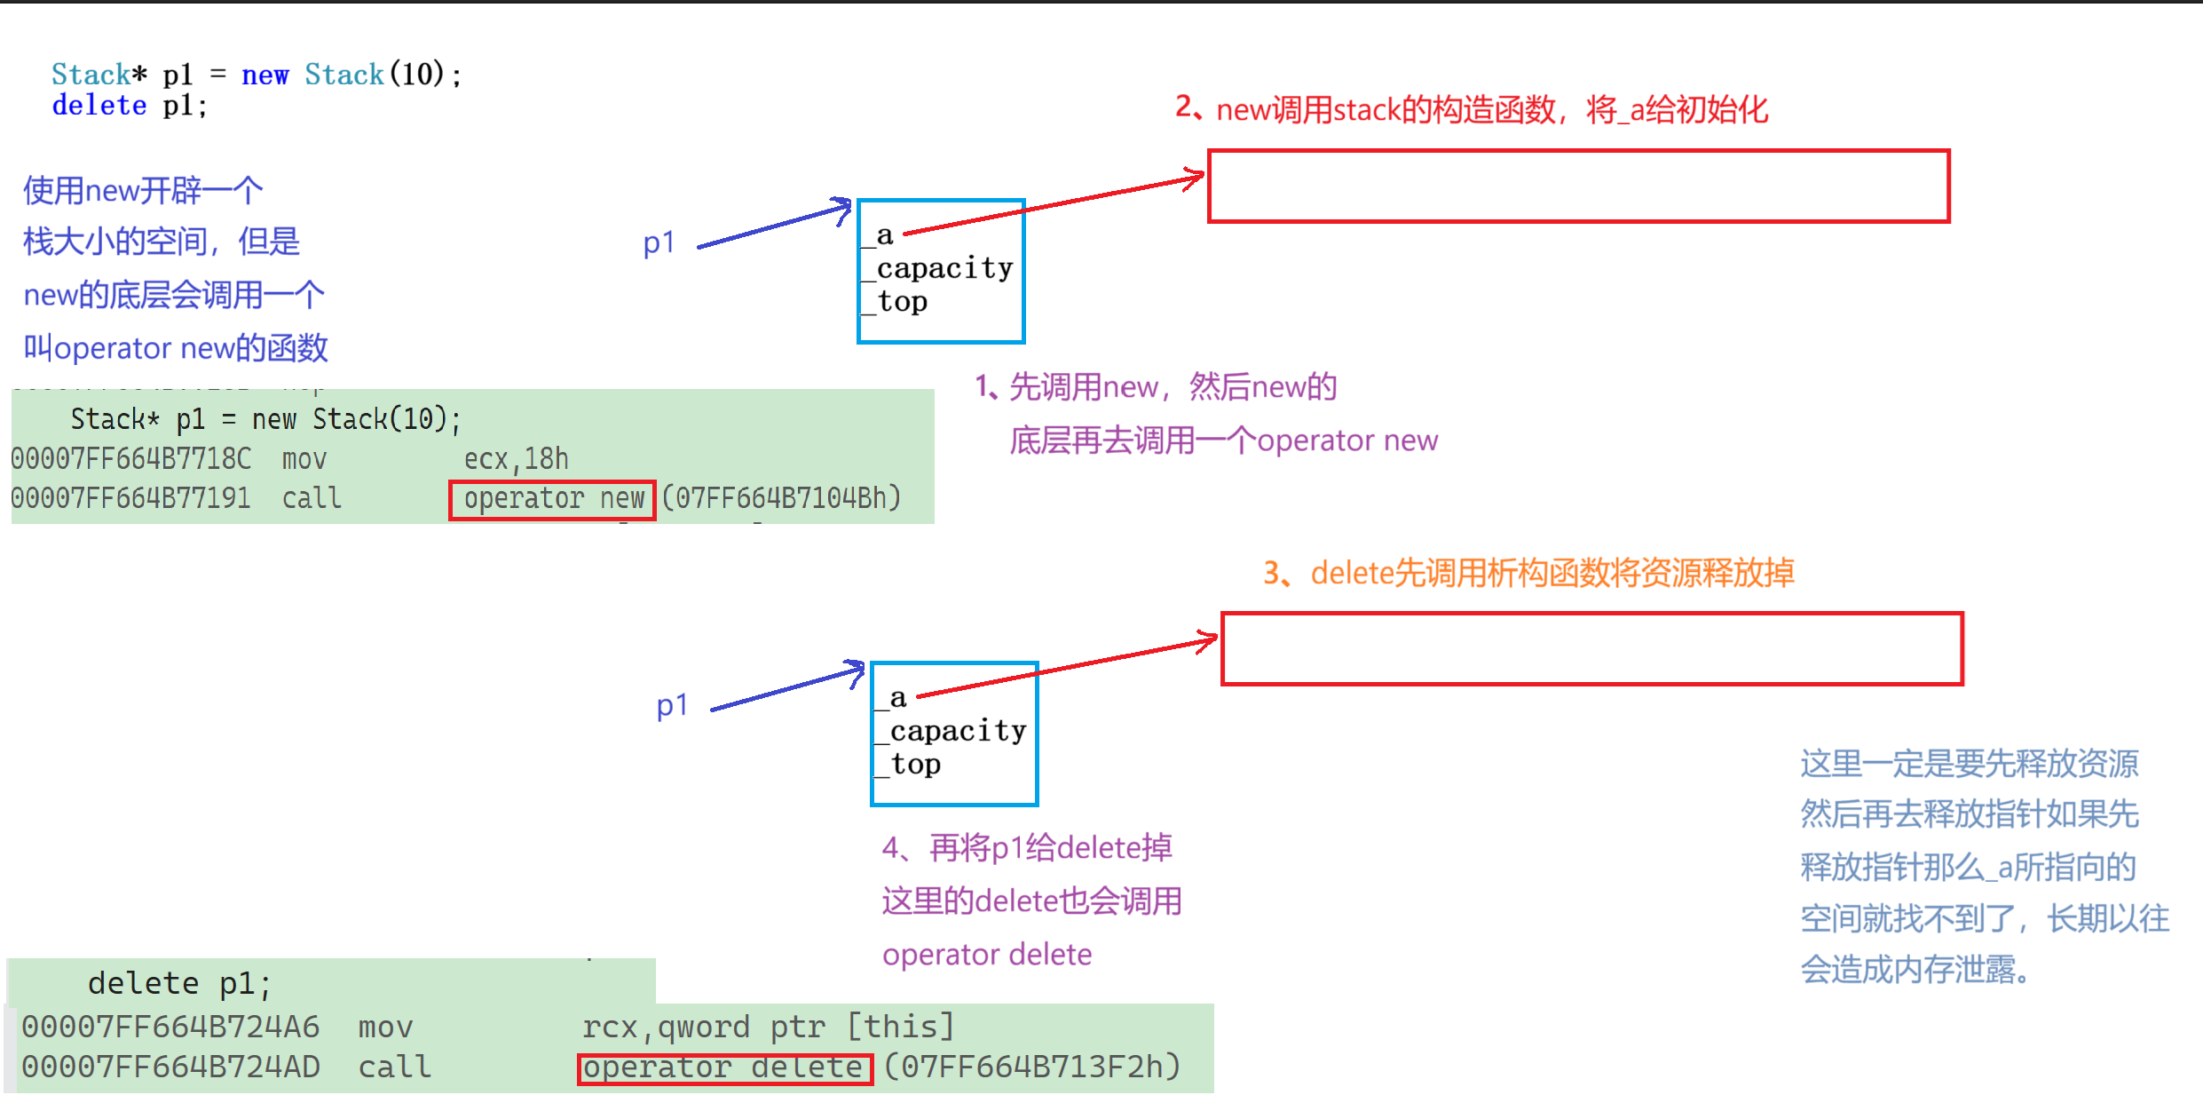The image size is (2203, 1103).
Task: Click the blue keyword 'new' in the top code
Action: [265, 75]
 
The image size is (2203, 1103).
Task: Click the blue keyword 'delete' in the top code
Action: [99, 106]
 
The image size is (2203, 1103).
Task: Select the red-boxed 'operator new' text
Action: [552, 499]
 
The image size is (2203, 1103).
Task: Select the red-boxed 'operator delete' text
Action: [724, 1067]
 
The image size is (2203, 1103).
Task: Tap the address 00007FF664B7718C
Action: [131, 459]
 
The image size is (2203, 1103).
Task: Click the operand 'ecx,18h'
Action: [516, 459]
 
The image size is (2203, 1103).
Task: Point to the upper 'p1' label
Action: [659, 242]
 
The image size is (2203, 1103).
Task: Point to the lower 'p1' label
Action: [672, 706]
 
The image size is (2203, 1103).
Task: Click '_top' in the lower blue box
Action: [909, 765]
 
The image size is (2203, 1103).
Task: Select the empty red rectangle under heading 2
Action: [1578, 186]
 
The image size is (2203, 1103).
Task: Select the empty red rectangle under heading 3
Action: [1591, 649]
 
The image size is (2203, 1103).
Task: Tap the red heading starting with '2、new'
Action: [1472, 110]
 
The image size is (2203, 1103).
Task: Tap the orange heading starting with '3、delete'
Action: [1528, 574]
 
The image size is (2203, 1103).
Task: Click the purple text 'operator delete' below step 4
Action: [986, 955]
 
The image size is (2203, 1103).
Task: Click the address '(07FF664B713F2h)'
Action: [1032, 1067]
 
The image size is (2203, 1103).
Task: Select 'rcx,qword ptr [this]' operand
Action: [768, 1028]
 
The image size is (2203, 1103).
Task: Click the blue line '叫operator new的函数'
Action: [176, 348]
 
